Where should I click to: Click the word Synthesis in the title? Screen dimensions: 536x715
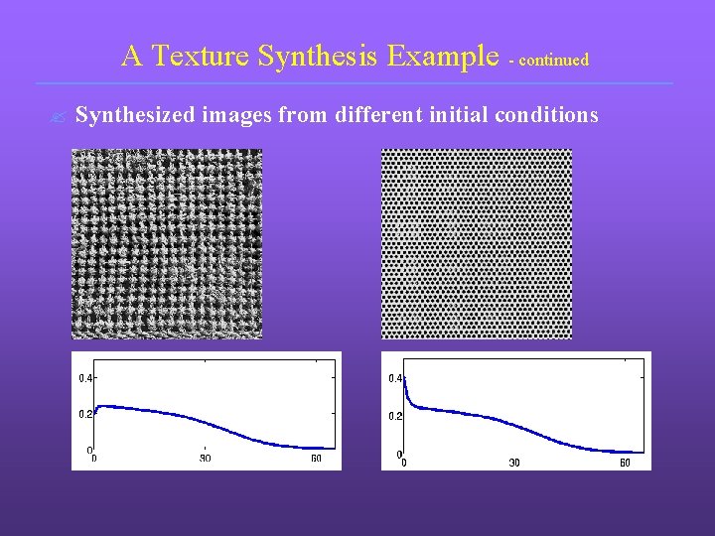318,57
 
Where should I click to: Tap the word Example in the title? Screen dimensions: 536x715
443,57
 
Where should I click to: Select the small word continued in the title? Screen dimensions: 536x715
553,61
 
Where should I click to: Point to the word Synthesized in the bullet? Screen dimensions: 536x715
136,116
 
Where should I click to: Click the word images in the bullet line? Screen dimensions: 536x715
237,116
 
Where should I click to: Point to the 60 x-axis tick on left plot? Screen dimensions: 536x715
317,459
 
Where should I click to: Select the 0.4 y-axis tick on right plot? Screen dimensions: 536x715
395,378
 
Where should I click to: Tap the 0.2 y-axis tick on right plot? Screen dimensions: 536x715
395,416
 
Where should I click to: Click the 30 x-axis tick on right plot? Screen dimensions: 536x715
514,463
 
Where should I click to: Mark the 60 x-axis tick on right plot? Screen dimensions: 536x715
626,463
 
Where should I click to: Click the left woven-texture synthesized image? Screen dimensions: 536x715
167,243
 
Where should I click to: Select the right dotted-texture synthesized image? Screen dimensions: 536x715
477,243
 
